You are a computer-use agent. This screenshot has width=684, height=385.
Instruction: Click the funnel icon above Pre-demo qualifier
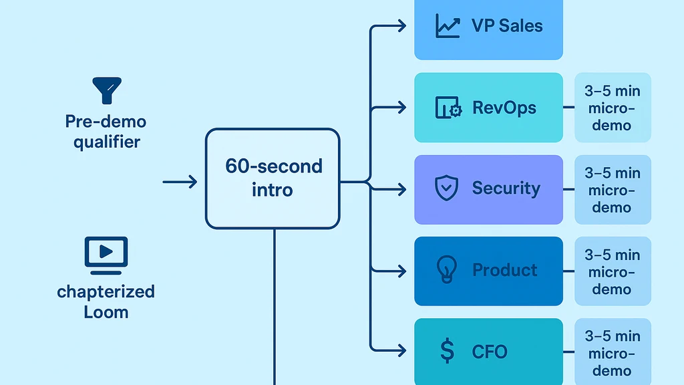coord(106,90)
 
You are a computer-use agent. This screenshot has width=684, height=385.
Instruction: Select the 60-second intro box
coord(273,178)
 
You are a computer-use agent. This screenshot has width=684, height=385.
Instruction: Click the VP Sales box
coord(488,27)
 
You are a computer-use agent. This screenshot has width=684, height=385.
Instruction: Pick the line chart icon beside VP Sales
coord(447,26)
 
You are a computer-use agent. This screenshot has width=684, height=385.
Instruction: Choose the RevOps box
coord(488,108)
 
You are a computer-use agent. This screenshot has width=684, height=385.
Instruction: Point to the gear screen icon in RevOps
coord(448,108)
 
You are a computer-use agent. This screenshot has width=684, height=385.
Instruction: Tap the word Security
coord(506,188)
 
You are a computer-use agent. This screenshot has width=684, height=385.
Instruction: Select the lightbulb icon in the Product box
coord(446,270)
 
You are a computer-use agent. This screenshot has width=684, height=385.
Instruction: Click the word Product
coord(504,270)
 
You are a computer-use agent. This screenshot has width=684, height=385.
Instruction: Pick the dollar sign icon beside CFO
coord(448,351)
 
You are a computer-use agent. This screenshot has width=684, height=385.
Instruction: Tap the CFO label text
coord(490,352)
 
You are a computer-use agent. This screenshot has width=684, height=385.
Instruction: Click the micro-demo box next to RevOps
coord(613,108)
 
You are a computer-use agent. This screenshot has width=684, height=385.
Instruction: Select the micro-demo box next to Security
coord(613,190)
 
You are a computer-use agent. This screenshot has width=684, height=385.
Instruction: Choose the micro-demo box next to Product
coord(613,271)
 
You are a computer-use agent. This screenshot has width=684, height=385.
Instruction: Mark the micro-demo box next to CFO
coord(613,352)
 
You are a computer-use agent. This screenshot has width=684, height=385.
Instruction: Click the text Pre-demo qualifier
coord(106,132)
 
